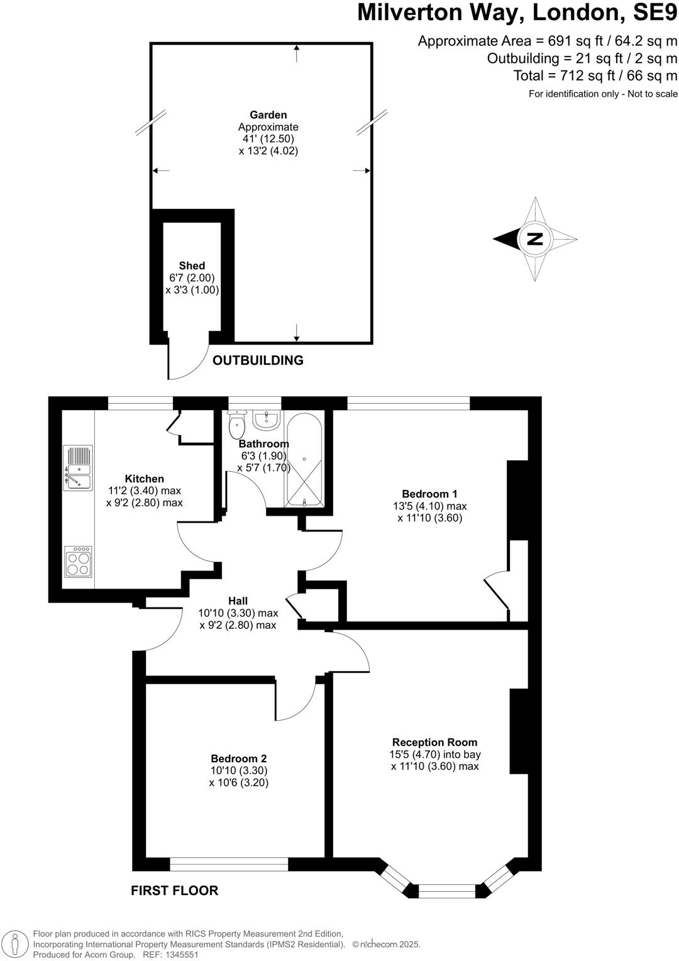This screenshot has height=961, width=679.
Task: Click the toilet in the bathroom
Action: (237, 425)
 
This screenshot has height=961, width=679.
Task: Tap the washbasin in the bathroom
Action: (267, 419)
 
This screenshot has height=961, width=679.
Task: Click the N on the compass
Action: (535, 239)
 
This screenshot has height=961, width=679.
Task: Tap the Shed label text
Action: (192, 265)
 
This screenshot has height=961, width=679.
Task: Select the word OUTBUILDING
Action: (258, 360)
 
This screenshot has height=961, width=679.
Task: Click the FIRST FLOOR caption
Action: (174, 891)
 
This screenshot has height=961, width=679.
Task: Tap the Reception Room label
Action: (434, 742)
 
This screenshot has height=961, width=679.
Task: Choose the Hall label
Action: (238, 601)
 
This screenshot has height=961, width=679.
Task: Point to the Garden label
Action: (268, 114)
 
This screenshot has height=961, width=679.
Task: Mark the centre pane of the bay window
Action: (447, 891)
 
